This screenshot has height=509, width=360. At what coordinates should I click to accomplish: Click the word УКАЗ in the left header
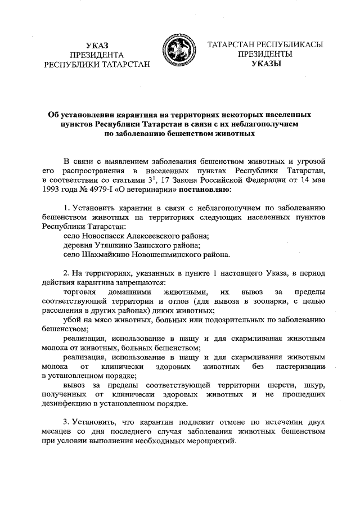[97, 44]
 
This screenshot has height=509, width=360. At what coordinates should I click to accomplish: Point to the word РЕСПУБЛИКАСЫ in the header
[285, 44]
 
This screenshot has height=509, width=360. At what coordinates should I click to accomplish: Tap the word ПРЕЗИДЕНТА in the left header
[97, 55]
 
